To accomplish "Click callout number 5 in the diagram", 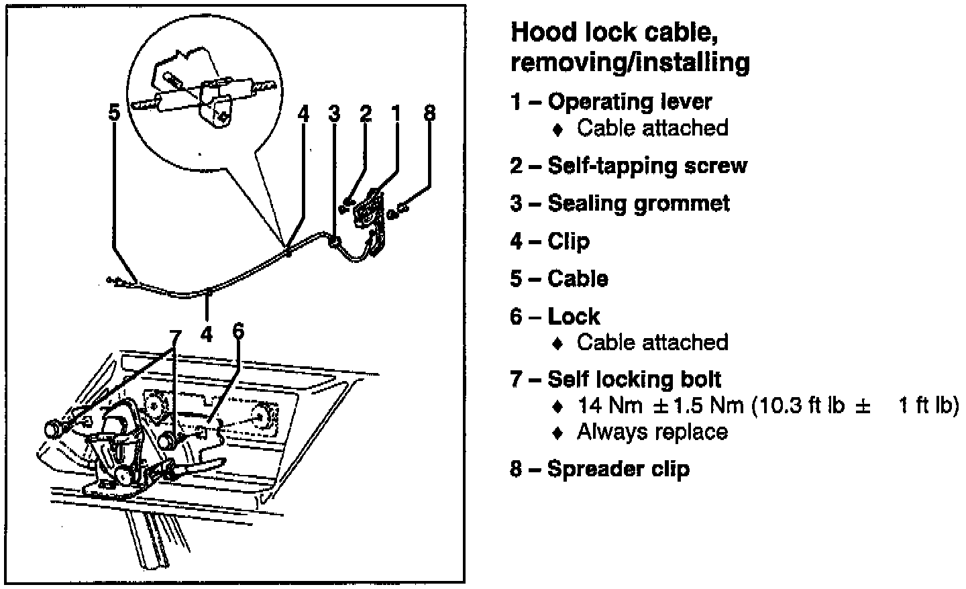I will pos(115,113).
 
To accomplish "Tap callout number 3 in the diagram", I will pos(334,113).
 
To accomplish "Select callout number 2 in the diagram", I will pos(366,113).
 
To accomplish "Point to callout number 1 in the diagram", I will pos(396,113).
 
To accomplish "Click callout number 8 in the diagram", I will pos(429,113).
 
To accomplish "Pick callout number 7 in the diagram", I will pos(175,335).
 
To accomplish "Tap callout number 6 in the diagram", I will pos(238,331).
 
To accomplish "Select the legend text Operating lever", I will pos(629,101).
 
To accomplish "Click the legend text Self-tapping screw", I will pos(647,165).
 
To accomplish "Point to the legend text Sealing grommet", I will pos(638,203).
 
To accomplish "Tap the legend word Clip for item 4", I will pos(568,241).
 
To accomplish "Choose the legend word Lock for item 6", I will pos(574,316).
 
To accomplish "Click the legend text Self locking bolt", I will pos(634,379).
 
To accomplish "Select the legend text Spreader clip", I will pos(618,468).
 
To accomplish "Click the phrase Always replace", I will pos(651,431).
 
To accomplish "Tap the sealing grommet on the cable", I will pos(333,241).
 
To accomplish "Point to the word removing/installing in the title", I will pos(629,62).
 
